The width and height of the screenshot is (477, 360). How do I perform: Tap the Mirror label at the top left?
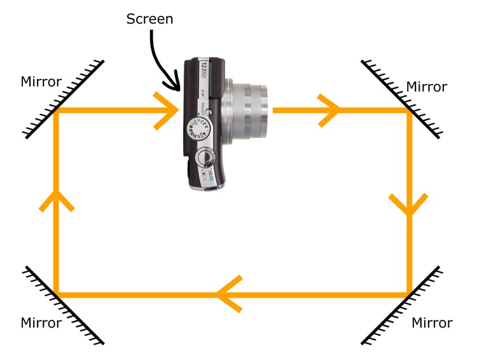point(41,81)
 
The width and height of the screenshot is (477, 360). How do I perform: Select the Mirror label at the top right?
point(427,87)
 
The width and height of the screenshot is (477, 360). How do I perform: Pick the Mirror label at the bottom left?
point(41,322)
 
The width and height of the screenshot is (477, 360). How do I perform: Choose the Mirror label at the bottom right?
point(432,322)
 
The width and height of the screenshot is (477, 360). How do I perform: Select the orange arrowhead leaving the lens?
point(331,109)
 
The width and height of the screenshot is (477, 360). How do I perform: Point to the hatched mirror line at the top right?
point(401,99)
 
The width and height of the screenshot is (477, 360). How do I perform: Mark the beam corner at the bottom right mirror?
point(408,294)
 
